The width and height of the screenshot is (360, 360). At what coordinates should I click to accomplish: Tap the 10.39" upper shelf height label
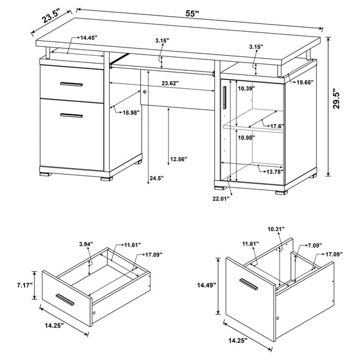[x=246, y=89]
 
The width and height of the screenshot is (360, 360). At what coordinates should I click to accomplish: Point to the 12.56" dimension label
[x=179, y=159]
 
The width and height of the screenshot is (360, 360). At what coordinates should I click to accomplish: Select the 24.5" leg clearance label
[x=157, y=178]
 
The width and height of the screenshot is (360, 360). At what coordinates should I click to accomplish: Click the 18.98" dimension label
[x=128, y=112]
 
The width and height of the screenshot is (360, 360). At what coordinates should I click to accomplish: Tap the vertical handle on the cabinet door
[x=223, y=97]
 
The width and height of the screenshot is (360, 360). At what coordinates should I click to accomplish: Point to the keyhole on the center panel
[x=145, y=92]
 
